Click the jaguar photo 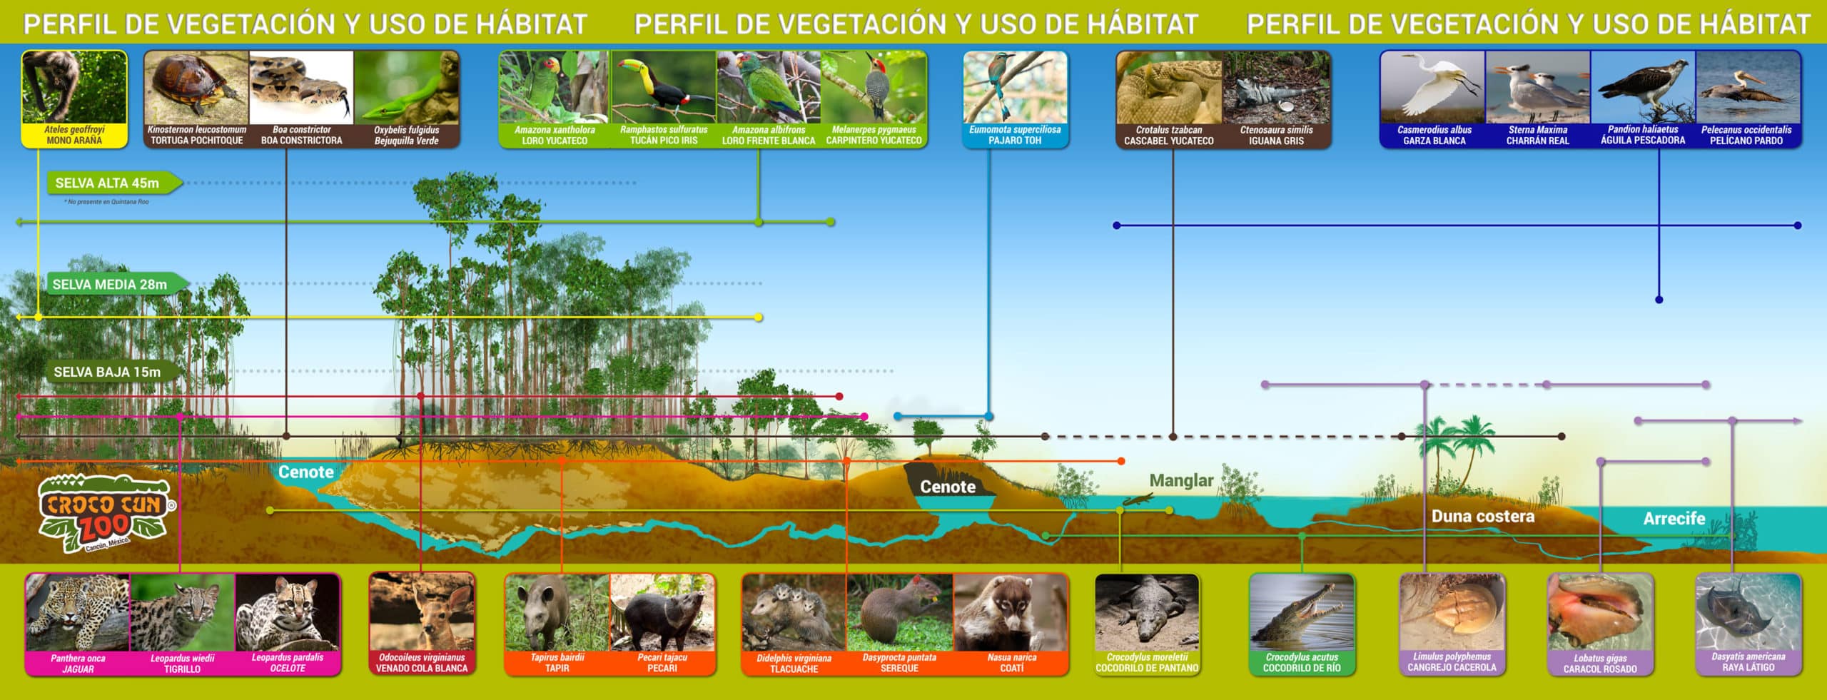pyautogui.click(x=77, y=612)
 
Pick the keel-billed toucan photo pyautogui.click(x=664, y=87)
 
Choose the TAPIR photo pyautogui.click(x=557, y=612)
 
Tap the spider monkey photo pyautogui.click(x=74, y=87)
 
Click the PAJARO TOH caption pyautogui.click(x=1015, y=141)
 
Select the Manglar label pyautogui.click(x=1181, y=480)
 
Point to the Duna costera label pyautogui.click(x=1483, y=516)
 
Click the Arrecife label pyautogui.click(x=1674, y=518)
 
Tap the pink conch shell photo pyautogui.click(x=1600, y=612)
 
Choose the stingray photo pyautogui.click(x=1748, y=612)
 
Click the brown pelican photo pyautogui.click(x=1748, y=87)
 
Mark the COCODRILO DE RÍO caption pyautogui.click(x=1302, y=669)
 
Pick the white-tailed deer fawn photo pyautogui.click(x=422, y=612)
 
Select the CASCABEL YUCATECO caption pyautogui.click(x=1168, y=141)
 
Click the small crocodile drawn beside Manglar pyautogui.click(x=1138, y=499)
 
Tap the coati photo pyautogui.click(x=1011, y=612)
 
